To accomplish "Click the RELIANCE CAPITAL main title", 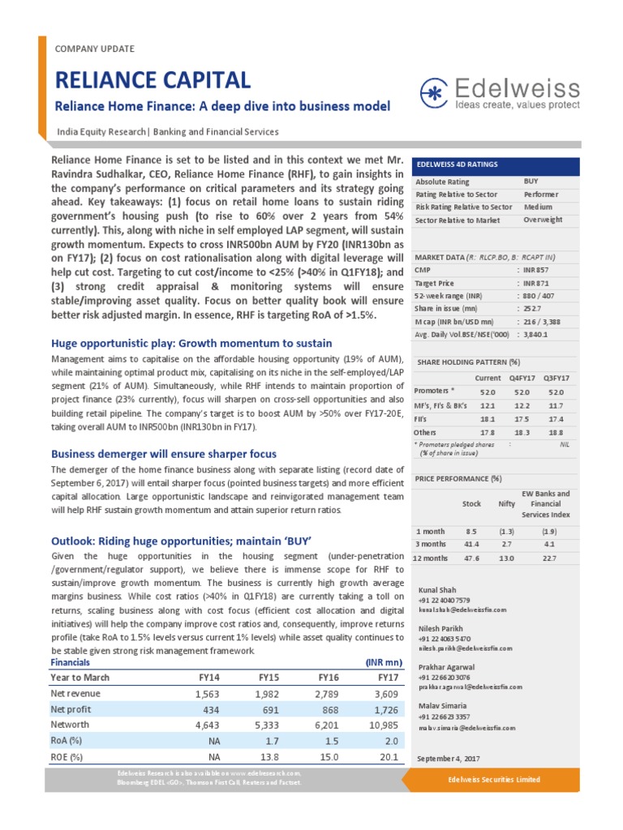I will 153,79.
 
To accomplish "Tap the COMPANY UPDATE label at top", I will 94,49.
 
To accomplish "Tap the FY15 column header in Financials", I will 270,677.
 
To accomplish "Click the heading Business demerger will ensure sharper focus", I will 164,453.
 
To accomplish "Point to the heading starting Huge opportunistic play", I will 191,344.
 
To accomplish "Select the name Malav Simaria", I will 442,706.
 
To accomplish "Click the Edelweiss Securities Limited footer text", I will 494,779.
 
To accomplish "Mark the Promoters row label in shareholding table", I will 436,391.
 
